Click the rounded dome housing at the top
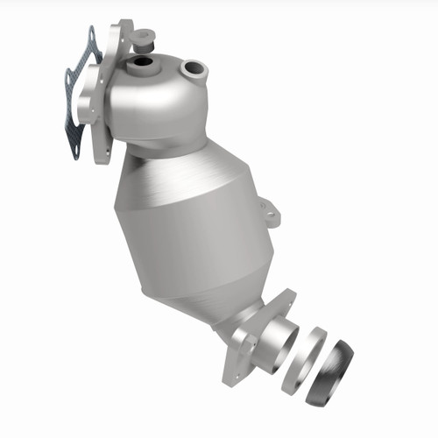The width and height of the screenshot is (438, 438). coord(166,101)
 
